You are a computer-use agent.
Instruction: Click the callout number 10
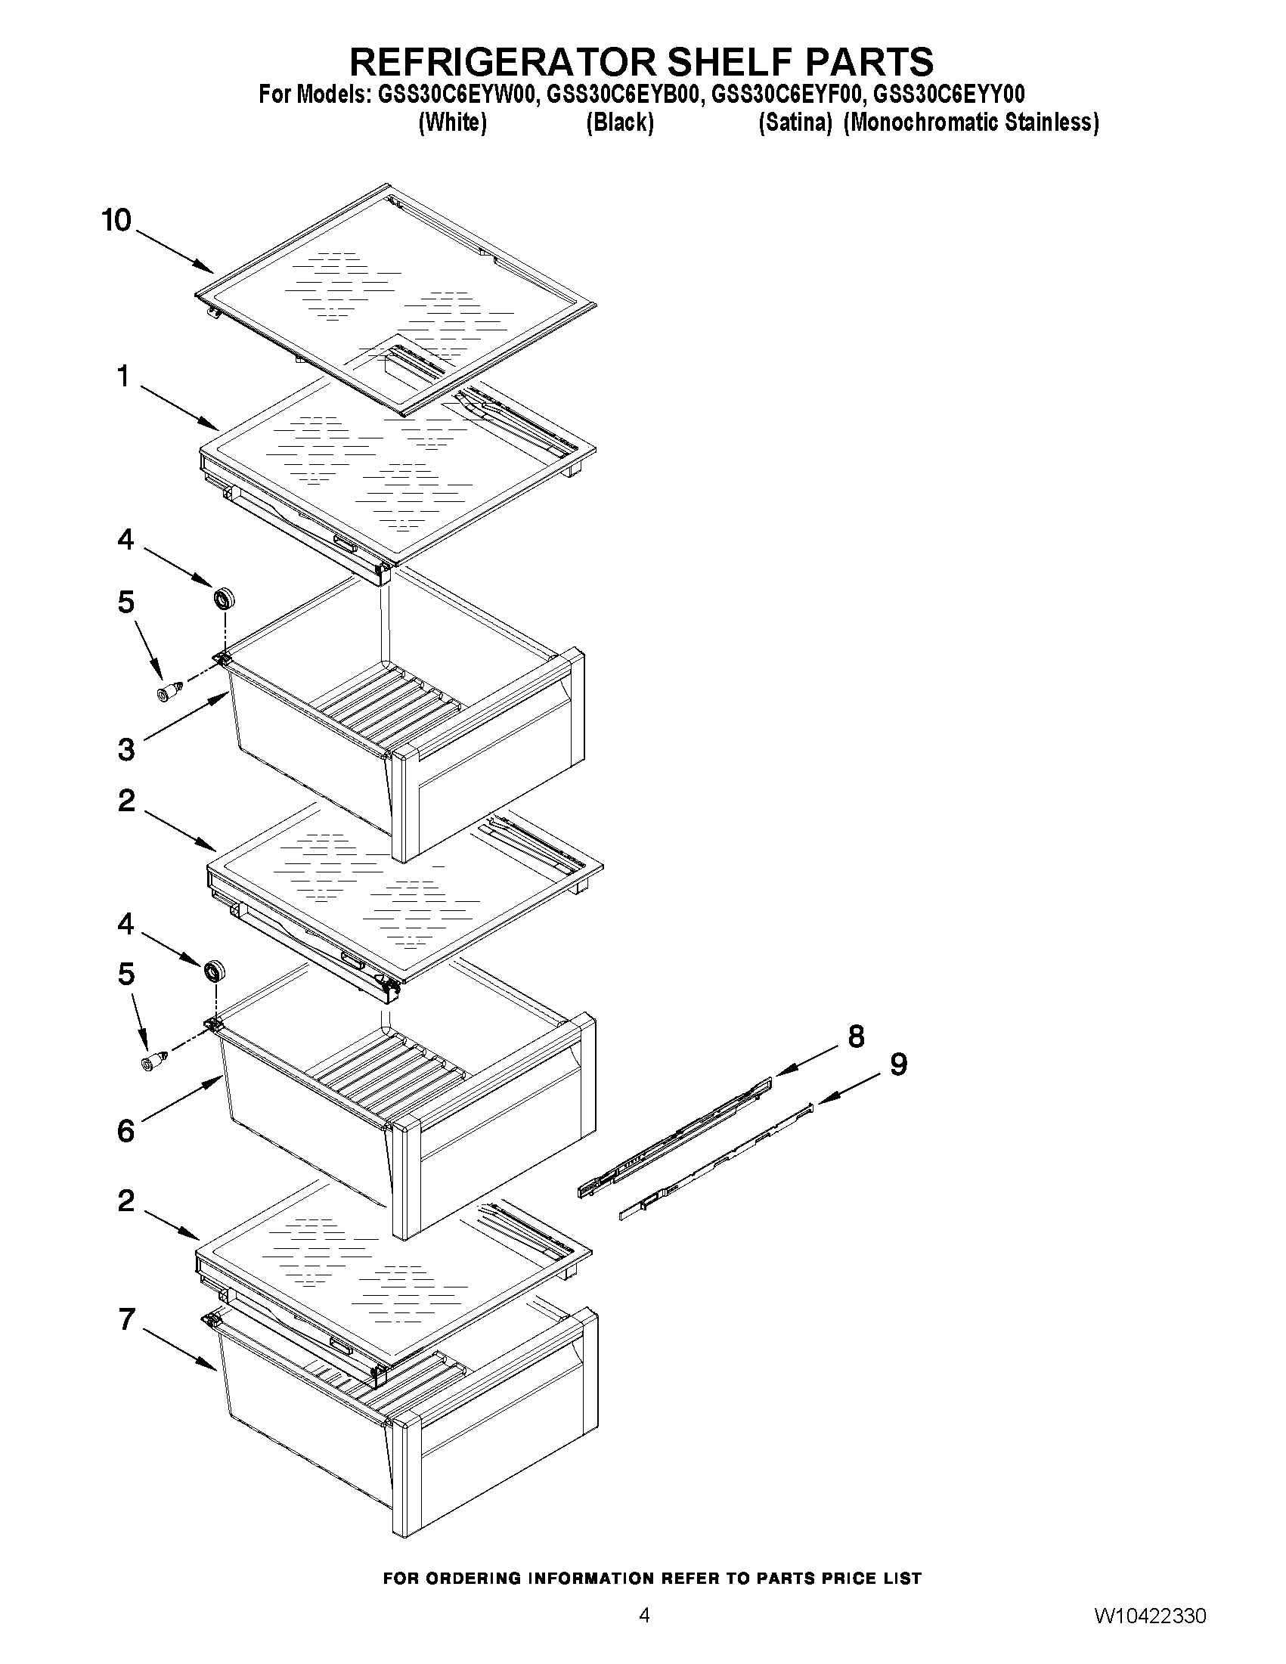[116, 220]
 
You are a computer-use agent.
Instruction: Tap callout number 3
[126, 750]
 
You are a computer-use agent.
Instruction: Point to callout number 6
[126, 1132]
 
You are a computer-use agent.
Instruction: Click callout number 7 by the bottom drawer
[126, 1319]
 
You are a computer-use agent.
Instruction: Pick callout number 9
[899, 1064]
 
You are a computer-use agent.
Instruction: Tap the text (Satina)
[795, 122]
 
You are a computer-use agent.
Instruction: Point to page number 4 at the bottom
[644, 1635]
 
